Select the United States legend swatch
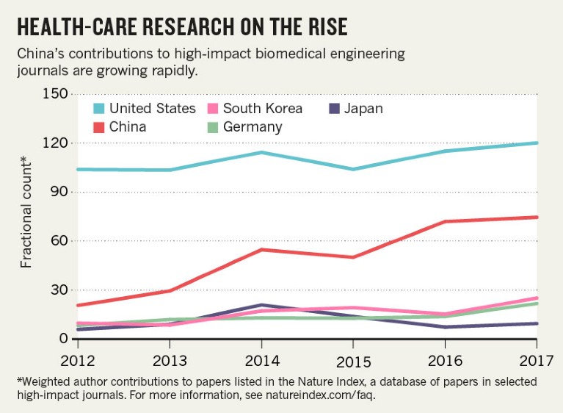point(98,109)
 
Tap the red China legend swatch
point(98,126)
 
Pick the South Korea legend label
point(262,109)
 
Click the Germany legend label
point(253,126)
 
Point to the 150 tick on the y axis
point(57,95)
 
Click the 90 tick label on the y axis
point(59,193)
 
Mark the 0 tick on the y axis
point(64,339)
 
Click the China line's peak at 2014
point(261,250)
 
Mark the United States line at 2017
point(537,143)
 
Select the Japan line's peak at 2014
point(261,305)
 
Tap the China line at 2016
point(445,221)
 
